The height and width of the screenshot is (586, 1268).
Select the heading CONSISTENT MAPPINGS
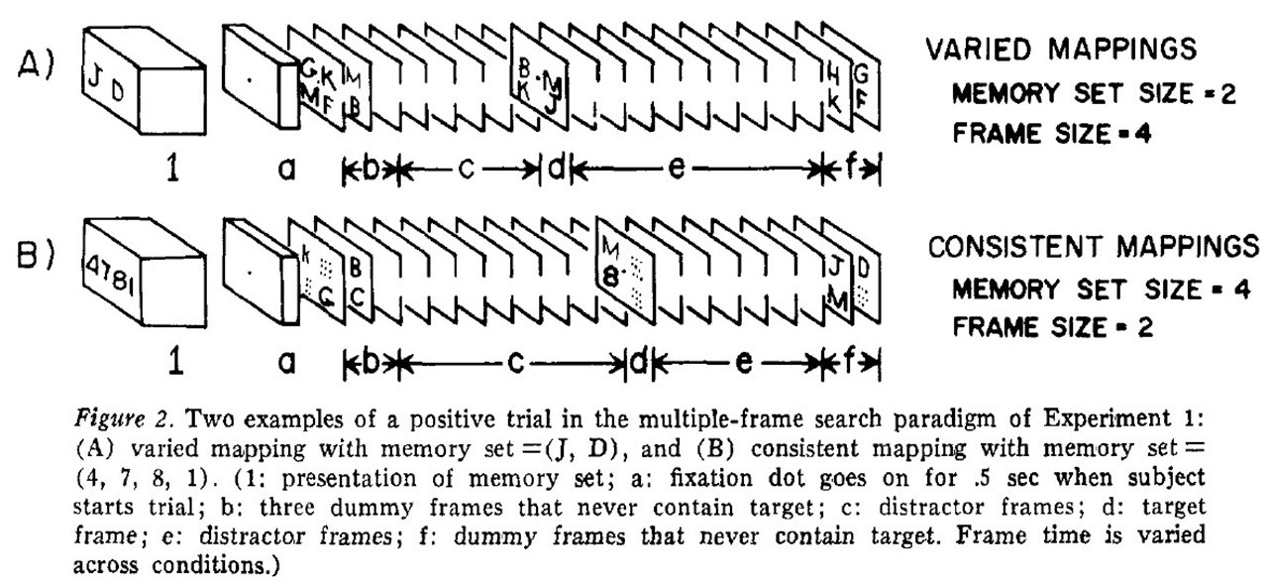tap(1093, 246)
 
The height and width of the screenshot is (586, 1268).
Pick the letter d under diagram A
tap(556, 169)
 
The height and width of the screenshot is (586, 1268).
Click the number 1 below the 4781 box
tap(177, 365)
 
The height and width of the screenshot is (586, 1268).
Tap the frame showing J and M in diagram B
tap(834, 283)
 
